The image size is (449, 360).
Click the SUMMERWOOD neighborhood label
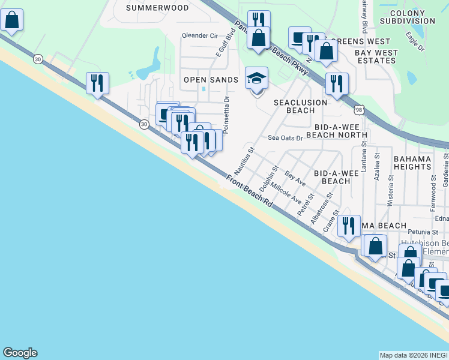[x=157, y=8]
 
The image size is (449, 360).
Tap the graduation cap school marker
[x=256, y=79]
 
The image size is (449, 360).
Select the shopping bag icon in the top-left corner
[x=11, y=21]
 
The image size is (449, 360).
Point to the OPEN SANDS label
[x=211, y=80]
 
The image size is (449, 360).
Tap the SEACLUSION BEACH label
[x=301, y=106]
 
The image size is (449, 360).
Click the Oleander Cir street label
[x=200, y=35]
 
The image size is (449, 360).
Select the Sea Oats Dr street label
[x=286, y=137]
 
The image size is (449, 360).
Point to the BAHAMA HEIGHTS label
[x=412, y=162]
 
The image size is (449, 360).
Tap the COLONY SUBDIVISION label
[x=412, y=17]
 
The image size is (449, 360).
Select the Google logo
[x=20, y=353]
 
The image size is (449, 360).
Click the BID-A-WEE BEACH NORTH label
[x=336, y=131]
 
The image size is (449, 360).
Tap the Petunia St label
[x=423, y=230]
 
